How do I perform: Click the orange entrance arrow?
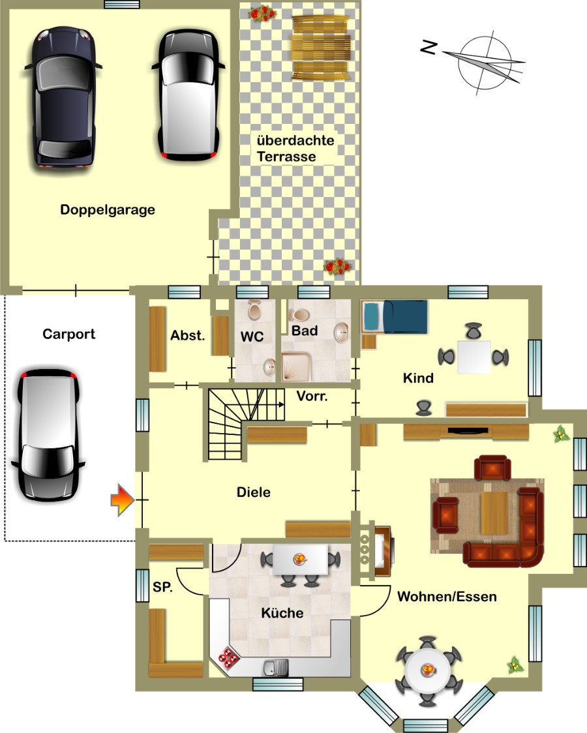click(x=123, y=500)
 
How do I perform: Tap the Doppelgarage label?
click(x=108, y=210)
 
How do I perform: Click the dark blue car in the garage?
click(x=63, y=98)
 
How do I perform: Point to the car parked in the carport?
click(x=48, y=435)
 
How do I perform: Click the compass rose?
click(x=484, y=63)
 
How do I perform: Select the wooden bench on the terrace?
click(x=321, y=48)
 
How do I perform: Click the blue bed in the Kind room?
click(x=395, y=316)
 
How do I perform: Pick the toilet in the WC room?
click(x=255, y=310)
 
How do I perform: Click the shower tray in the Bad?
click(x=296, y=367)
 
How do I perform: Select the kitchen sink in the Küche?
click(x=276, y=668)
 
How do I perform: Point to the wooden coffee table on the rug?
click(x=494, y=513)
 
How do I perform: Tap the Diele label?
click(x=253, y=492)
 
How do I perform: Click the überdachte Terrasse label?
click(x=295, y=148)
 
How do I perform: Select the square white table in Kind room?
click(x=474, y=357)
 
